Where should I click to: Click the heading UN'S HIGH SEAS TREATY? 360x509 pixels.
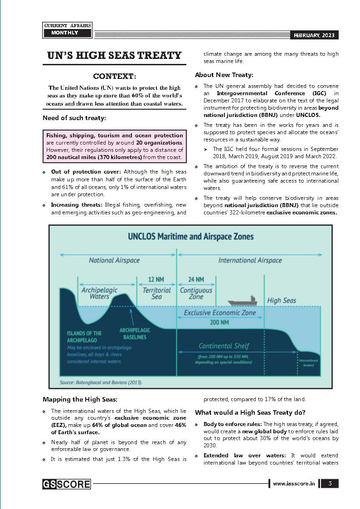(114, 55)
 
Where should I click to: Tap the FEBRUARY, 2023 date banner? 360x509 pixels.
(314, 35)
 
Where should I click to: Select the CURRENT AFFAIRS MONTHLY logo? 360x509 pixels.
(67, 30)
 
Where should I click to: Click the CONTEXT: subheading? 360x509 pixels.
(114, 76)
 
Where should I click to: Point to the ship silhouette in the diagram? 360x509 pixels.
(242, 301)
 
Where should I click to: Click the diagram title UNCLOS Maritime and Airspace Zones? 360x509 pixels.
(190, 237)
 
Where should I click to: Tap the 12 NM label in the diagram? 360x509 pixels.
(156, 280)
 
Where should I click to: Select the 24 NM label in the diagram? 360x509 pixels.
(196, 280)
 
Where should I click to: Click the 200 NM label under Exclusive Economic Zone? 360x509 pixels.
(219, 322)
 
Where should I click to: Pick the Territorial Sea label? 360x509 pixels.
(156, 293)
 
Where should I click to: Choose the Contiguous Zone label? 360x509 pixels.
(196, 293)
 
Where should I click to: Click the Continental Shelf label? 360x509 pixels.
(224, 346)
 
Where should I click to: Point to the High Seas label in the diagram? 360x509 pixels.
(282, 301)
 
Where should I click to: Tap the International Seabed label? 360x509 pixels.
(308, 362)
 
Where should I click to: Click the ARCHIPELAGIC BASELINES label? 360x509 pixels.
(135, 333)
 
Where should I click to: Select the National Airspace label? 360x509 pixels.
(114, 260)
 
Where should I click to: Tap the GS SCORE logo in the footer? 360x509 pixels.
(67, 484)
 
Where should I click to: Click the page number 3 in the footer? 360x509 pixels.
(330, 484)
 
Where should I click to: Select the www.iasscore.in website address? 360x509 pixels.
(294, 484)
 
